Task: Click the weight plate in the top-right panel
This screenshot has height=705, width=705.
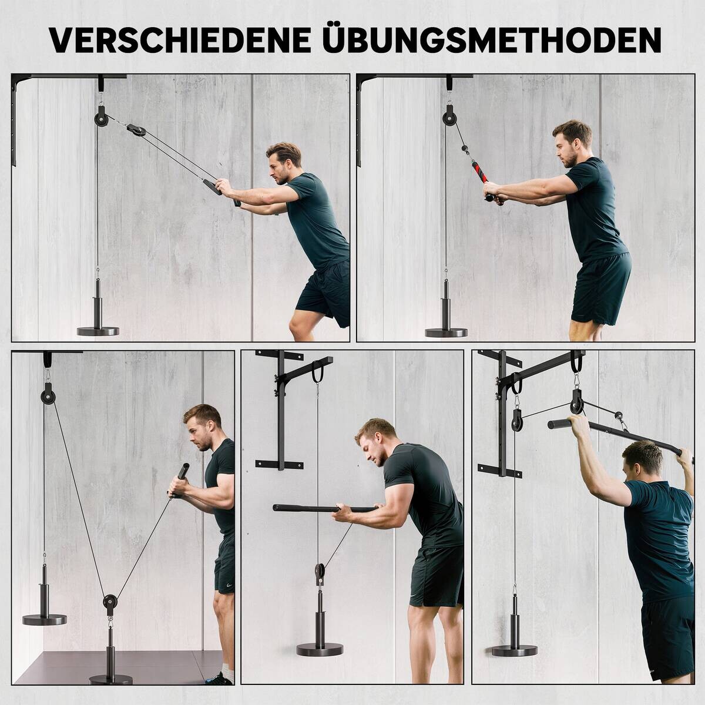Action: tap(446, 332)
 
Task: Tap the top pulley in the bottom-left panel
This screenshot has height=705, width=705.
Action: tap(46, 395)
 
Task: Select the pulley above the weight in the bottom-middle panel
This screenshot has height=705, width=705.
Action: tap(320, 573)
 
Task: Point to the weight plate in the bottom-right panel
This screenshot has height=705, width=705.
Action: tap(515, 650)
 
